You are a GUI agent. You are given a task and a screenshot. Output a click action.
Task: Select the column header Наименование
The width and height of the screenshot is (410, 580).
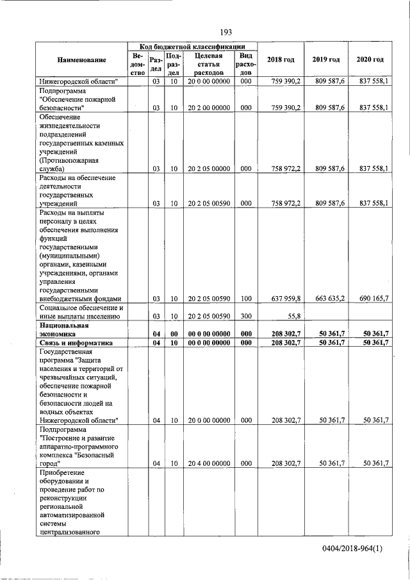[81, 60]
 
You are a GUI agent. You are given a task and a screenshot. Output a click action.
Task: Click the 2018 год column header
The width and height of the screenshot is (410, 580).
[281, 60]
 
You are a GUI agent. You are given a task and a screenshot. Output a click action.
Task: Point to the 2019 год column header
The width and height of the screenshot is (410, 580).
[325, 60]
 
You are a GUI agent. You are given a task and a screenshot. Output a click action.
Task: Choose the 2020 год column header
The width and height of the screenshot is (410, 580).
[370, 60]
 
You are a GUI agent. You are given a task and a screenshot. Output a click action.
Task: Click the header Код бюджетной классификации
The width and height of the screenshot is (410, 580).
[192, 47]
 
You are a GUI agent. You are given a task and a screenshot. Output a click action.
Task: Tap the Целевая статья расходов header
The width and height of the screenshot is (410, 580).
[208, 65]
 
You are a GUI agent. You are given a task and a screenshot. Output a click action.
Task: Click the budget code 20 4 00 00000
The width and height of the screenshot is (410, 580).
[208, 463]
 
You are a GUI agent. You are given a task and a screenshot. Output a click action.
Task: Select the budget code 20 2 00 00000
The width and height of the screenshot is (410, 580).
[208, 108]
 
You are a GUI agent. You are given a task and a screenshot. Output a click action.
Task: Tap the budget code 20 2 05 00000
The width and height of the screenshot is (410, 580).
[208, 169]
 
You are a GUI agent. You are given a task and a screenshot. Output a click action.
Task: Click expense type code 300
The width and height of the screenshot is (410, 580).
[246, 316]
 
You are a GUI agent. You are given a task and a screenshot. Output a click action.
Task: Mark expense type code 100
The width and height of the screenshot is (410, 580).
[246, 298]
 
